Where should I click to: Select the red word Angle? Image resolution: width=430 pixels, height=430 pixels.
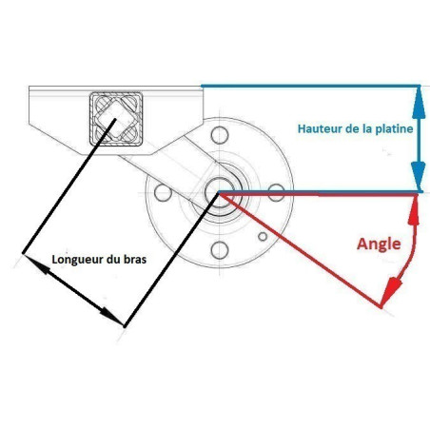379,244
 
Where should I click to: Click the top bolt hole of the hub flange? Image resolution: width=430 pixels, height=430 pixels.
220,135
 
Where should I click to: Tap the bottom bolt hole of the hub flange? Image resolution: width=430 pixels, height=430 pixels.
220,250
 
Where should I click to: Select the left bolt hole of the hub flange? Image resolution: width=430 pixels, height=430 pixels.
163,192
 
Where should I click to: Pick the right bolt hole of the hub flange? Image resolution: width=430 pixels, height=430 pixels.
276,192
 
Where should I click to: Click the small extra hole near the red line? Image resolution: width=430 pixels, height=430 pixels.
263,236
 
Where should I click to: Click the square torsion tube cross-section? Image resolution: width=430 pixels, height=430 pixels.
116,119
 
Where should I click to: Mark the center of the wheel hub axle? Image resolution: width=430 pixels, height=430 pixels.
219,192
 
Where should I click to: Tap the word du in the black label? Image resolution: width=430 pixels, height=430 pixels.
111,260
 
